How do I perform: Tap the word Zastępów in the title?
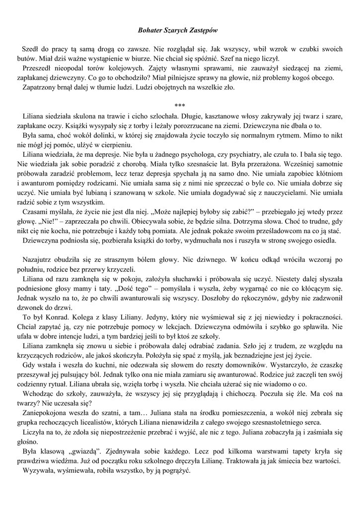pos(204,30)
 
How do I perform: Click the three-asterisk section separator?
pos(180,106)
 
